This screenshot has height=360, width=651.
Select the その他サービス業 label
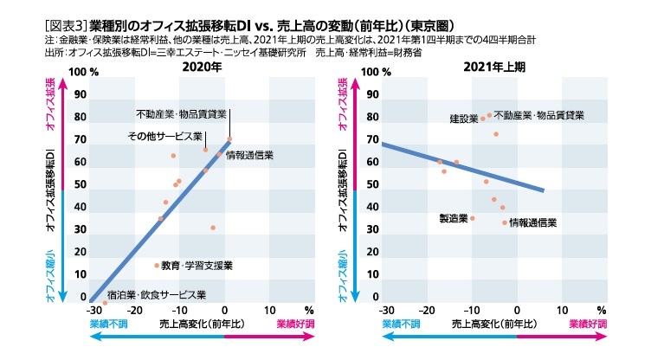pyautogui.click(x=164, y=137)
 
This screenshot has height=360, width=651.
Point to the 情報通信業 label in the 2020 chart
pyautogui.click(x=250, y=155)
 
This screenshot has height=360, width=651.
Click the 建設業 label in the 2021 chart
pyautogui.click(x=463, y=118)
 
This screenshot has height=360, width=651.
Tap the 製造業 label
pyautogui.click(x=454, y=219)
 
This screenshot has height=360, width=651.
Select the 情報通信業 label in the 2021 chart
pyautogui.click(x=532, y=223)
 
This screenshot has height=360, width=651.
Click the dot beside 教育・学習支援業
pyautogui.click(x=157, y=266)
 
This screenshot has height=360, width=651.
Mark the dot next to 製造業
pyautogui.click(x=473, y=218)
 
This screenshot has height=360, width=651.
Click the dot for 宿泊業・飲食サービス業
pyautogui.click(x=105, y=303)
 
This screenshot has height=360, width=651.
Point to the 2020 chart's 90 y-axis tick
pyautogui.click(x=81, y=95)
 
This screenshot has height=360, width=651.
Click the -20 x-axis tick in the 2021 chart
pyautogui.click(x=427, y=310)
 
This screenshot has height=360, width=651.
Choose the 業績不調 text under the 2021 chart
pyautogui.click(x=401, y=324)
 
